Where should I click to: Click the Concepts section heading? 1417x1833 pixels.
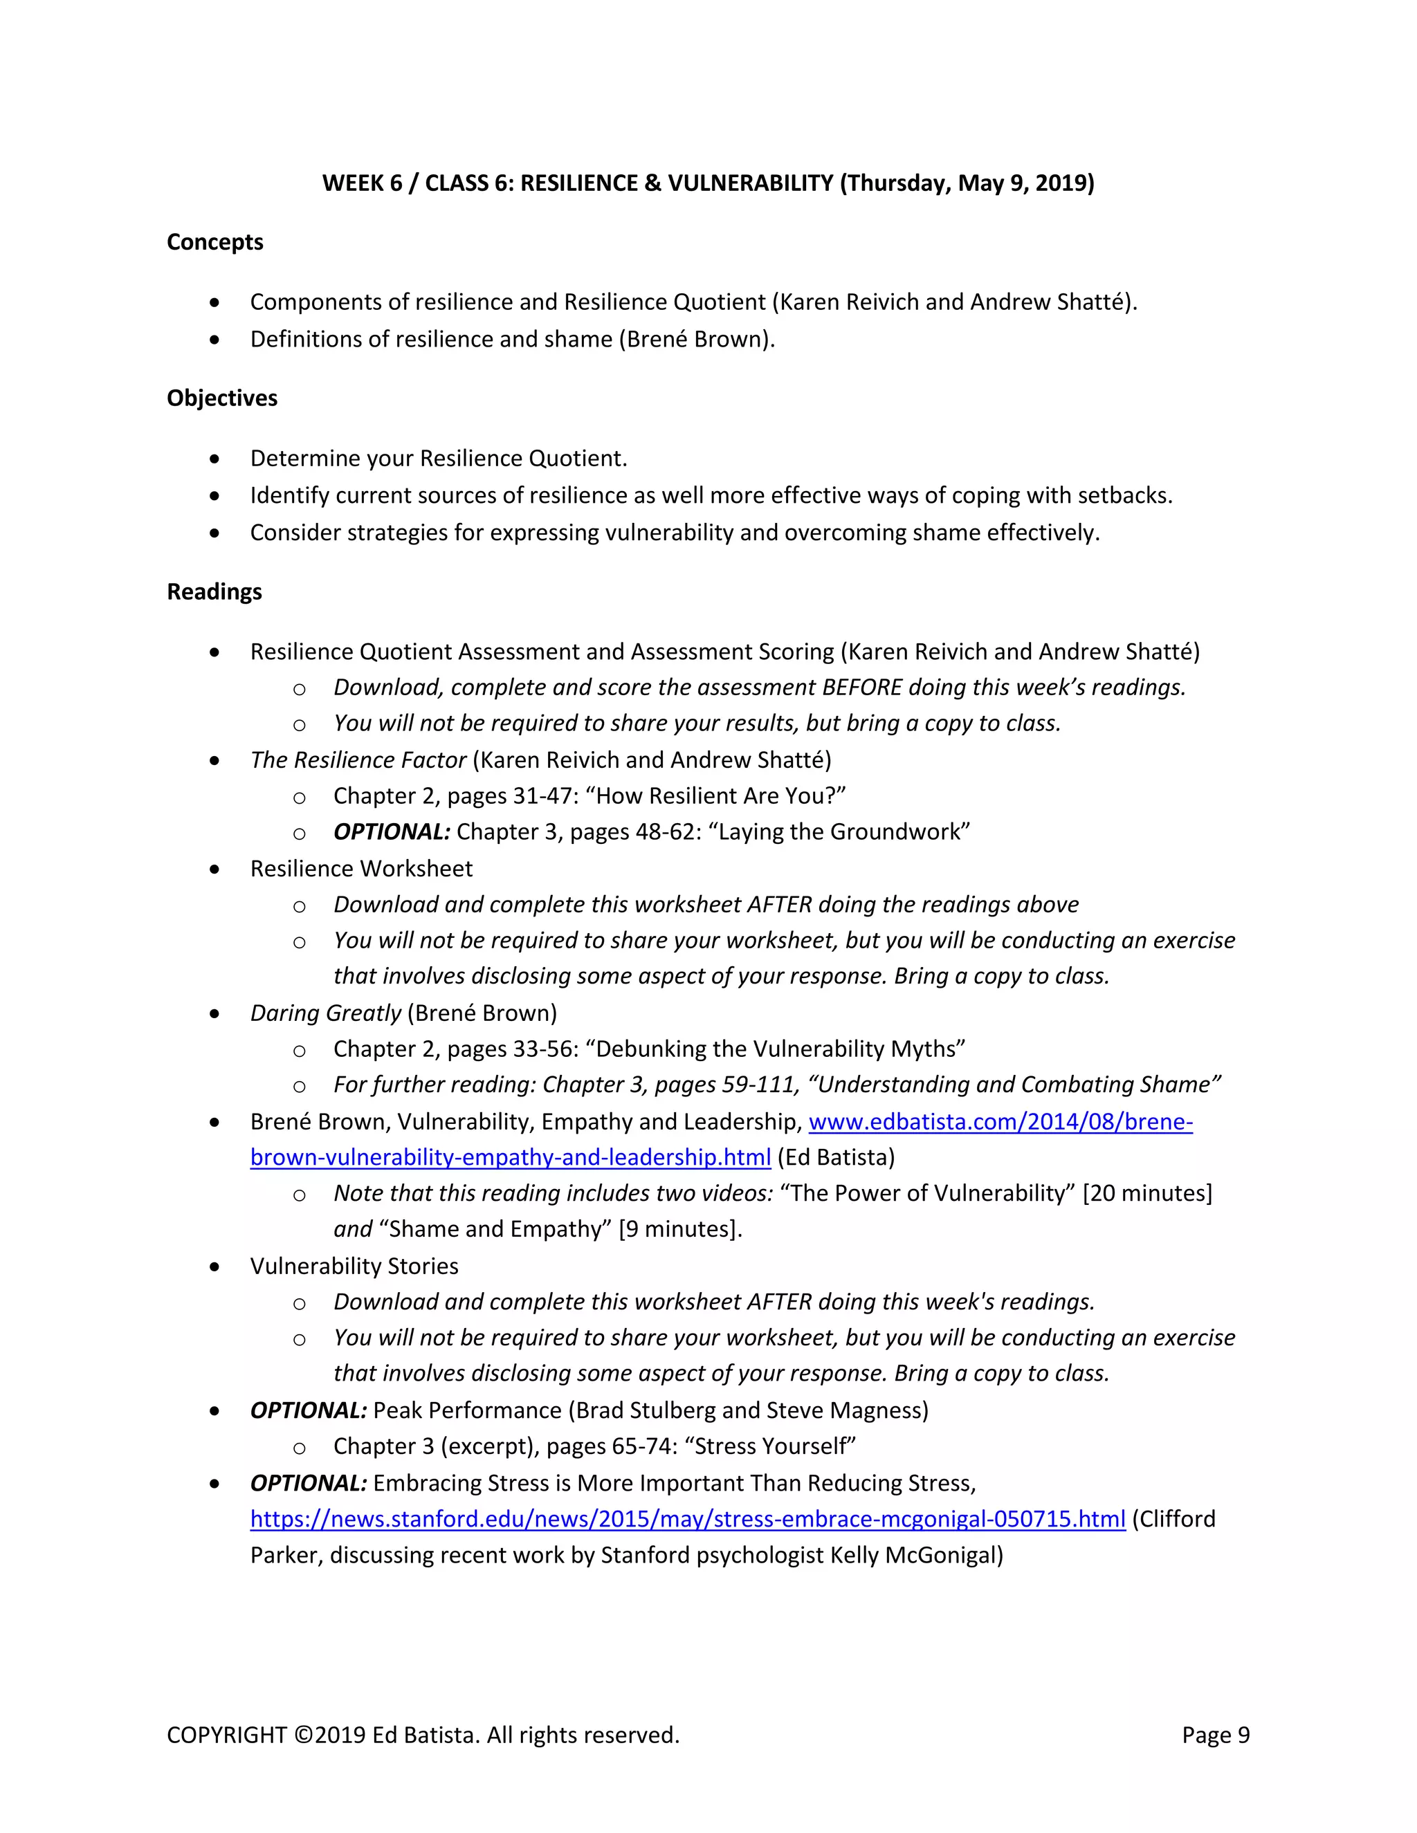(x=215, y=243)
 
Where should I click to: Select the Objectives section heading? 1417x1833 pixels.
(x=221, y=398)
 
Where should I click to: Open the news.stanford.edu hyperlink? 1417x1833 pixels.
(x=688, y=1519)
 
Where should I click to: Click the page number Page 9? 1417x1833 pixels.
(x=1215, y=1735)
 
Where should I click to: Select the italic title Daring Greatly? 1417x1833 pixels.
(x=326, y=1013)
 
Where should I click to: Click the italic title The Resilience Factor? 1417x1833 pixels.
(x=358, y=760)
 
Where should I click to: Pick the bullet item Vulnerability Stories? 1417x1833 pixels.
(x=354, y=1266)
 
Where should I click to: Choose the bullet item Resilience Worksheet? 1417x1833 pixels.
(x=361, y=869)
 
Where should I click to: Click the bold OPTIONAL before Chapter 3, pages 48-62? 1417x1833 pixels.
(x=391, y=831)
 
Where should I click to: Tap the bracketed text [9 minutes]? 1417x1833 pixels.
(x=680, y=1230)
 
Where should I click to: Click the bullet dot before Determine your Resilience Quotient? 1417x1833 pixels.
(x=215, y=459)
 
